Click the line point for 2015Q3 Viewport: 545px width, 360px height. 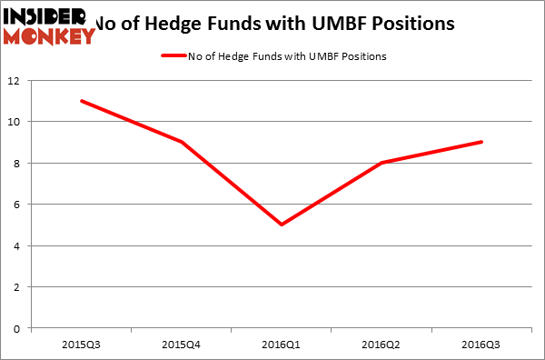pyautogui.click(x=82, y=101)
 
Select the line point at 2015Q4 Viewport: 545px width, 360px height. pyautogui.click(x=183, y=142)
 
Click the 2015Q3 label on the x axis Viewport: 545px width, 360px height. pyautogui.click(x=82, y=343)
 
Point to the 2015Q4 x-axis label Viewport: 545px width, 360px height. pyautogui.click(x=183, y=343)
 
